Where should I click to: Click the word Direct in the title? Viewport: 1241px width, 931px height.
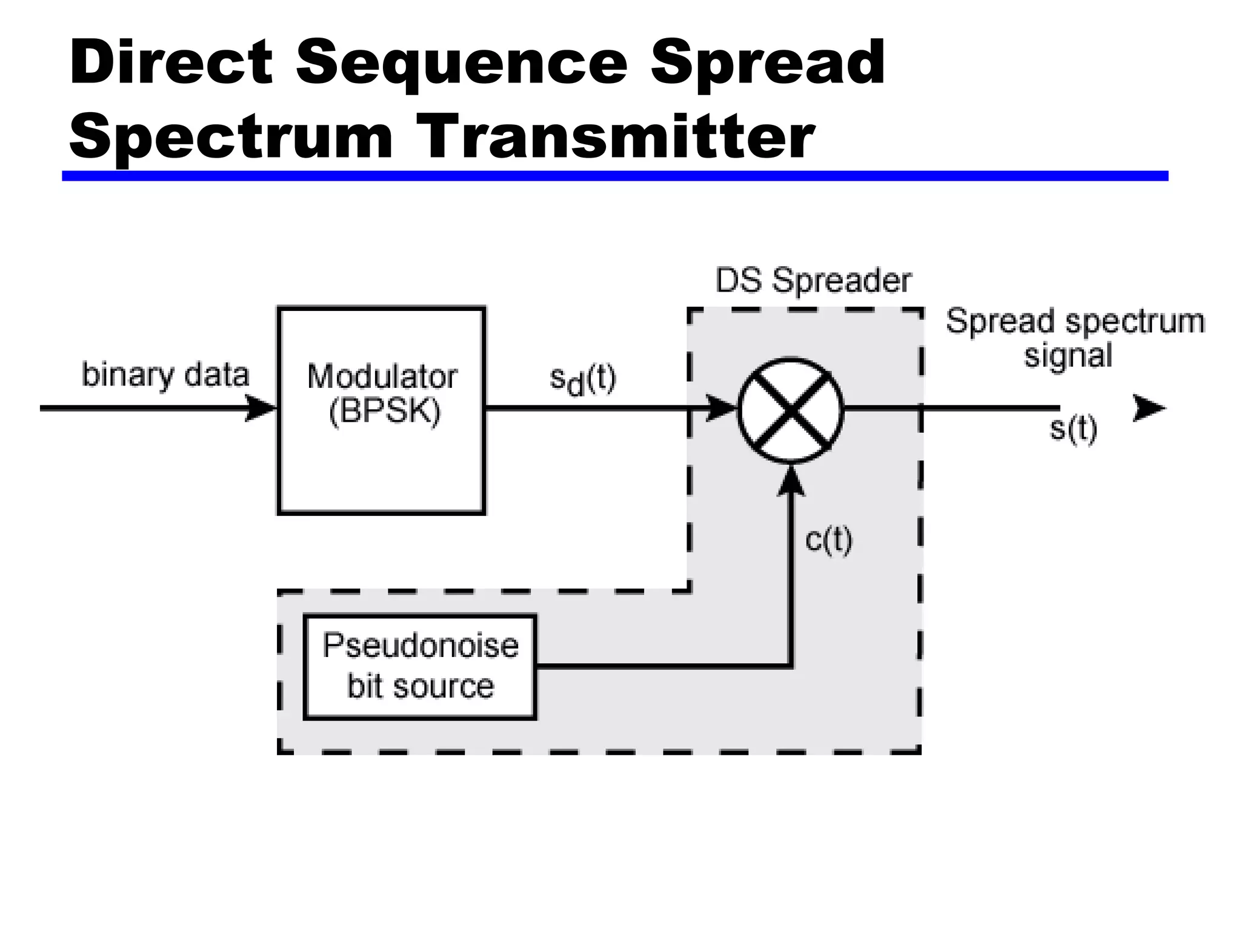click(x=171, y=62)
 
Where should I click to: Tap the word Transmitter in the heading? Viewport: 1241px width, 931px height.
click(x=616, y=136)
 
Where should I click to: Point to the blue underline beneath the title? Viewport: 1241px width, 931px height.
click(x=614, y=176)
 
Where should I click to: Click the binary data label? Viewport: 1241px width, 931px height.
click(x=165, y=375)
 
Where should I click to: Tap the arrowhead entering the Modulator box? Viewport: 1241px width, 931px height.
click(x=261, y=408)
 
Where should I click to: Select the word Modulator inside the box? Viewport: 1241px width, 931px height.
click(x=382, y=376)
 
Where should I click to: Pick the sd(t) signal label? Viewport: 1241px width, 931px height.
click(x=582, y=380)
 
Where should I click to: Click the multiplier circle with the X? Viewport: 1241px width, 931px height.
click(x=790, y=410)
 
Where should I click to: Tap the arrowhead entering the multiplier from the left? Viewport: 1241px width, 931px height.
click(x=721, y=408)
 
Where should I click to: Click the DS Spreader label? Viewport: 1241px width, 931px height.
click(x=813, y=281)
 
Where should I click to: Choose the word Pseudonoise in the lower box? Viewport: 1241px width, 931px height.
click(x=421, y=645)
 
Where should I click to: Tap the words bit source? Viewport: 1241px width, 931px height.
click(x=421, y=686)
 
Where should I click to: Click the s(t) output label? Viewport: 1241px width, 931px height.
click(x=1073, y=429)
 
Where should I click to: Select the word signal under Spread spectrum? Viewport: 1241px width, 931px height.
click(x=1068, y=355)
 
